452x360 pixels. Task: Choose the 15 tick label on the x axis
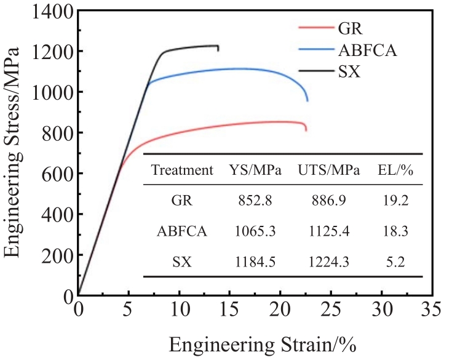[229, 308]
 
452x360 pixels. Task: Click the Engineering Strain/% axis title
[263, 343]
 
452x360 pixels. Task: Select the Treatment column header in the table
[182, 170]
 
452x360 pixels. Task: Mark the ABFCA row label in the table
[182, 232]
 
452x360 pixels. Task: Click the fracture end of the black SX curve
[218, 50]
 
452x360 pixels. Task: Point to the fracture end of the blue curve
[307, 100]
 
